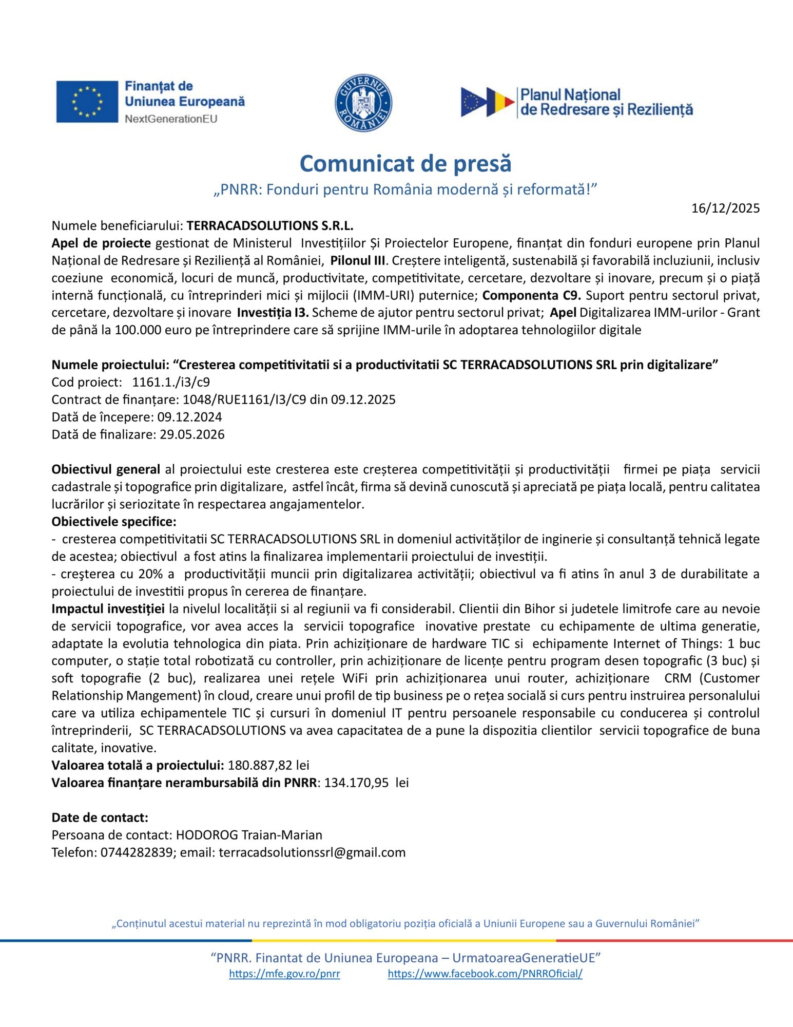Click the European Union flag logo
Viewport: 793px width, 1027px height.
click(87, 102)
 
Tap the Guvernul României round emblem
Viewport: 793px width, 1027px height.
click(363, 102)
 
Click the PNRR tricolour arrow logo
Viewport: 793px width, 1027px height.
click(487, 102)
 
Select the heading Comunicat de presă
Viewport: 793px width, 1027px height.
click(405, 163)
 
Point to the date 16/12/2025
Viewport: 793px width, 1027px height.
click(725, 208)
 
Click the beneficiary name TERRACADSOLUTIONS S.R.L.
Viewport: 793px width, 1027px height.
click(270, 225)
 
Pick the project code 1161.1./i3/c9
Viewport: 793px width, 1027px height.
click(171, 382)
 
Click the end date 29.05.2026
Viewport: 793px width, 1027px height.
click(192, 434)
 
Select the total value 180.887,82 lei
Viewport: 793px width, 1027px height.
click(268, 765)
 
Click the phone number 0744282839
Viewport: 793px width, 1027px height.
click(137, 852)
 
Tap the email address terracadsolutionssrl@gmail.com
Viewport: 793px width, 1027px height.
click(312, 852)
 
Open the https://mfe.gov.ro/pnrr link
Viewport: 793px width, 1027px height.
click(284, 974)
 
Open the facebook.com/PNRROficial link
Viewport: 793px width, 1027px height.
click(485, 974)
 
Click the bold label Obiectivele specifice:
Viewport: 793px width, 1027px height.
click(114, 522)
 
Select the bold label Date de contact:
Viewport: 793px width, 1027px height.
click(100, 817)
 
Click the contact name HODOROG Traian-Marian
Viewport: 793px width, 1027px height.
click(249, 835)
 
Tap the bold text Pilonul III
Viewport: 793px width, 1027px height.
click(357, 260)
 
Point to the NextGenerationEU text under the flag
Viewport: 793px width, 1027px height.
click(171, 119)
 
